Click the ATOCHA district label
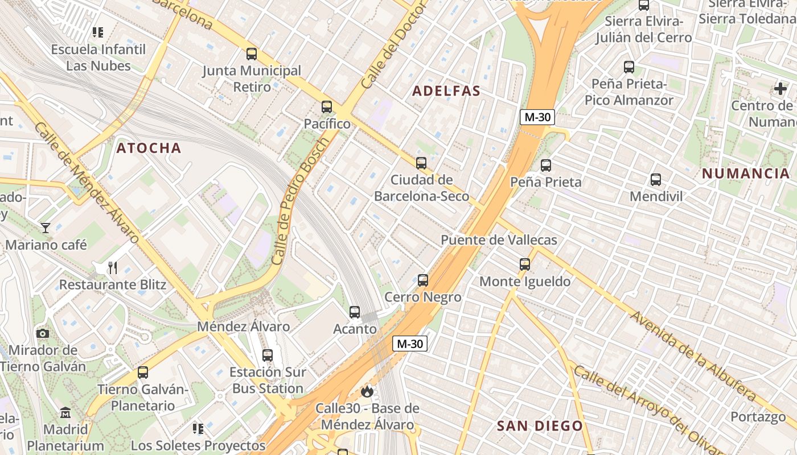149,148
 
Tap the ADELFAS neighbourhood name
446,91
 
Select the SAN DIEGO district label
540,426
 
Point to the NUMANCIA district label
745,173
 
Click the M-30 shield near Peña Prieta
537,117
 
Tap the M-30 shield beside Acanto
410,344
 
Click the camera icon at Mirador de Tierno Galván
43,333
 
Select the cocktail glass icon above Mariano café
46,228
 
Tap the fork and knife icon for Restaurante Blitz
113,267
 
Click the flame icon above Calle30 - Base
367,391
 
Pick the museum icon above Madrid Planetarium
65,412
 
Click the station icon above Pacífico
326,106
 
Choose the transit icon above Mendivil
655,180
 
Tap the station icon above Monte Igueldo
524,264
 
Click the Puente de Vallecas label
499,240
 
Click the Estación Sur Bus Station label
268,380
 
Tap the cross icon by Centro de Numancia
780,89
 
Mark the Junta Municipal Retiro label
252,79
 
